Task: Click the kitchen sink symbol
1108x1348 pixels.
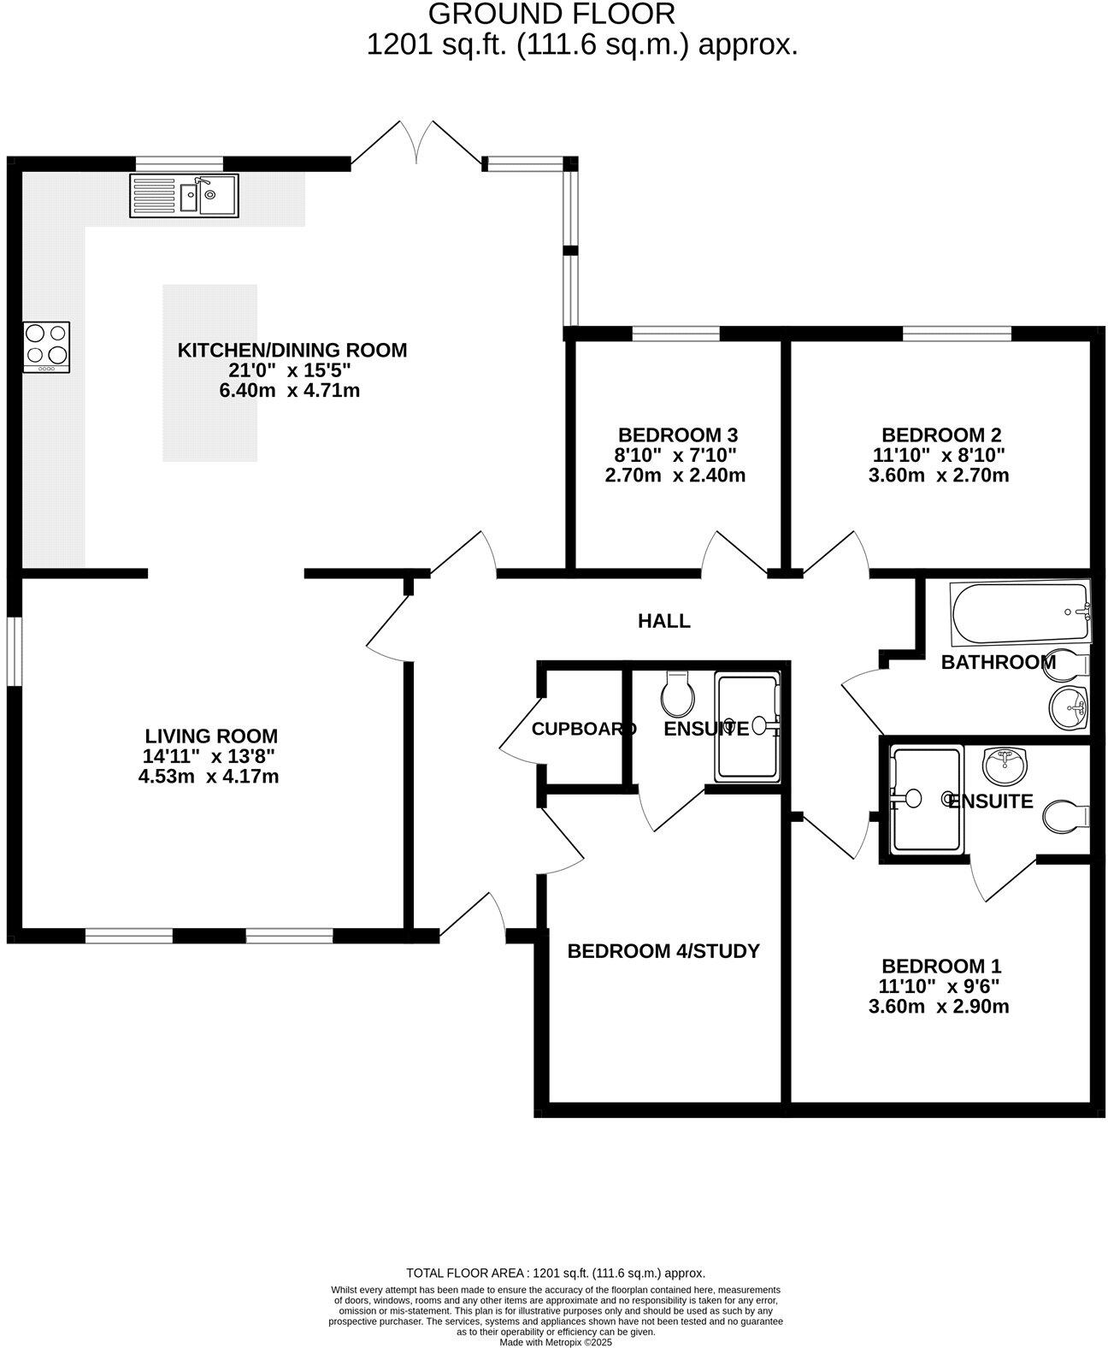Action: tap(184, 196)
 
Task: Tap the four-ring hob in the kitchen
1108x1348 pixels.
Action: tap(46, 346)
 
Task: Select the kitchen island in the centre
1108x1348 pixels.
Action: tap(209, 373)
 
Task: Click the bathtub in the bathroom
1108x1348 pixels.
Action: tap(1019, 612)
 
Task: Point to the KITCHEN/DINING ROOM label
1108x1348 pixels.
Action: tap(292, 350)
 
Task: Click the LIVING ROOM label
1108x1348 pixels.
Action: tap(210, 736)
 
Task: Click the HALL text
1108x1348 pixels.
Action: tap(663, 621)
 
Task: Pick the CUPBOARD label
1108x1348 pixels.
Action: tap(584, 729)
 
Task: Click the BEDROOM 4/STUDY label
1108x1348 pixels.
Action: tap(663, 951)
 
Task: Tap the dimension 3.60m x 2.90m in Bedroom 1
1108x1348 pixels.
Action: tap(938, 1007)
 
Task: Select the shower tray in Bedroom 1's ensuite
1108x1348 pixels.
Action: tap(926, 799)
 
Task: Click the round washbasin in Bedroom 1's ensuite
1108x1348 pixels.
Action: tap(1006, 766)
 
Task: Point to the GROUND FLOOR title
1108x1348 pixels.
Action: tap(551, 14)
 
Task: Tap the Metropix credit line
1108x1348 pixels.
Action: tap(556, 1342)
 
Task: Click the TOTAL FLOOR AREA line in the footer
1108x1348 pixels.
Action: tap(556, 1273)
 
